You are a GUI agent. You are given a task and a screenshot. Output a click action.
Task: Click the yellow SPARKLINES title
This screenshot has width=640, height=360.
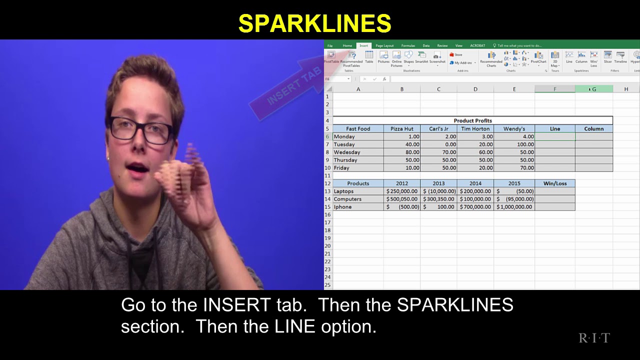pyautogui.click(x=314, y=23)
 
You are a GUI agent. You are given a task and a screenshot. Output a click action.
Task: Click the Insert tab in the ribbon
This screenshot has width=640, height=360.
pyautogui.click(x=363, y=45)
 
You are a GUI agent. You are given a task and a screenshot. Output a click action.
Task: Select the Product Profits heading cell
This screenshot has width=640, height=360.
pyautogui.click(x=472, y=120)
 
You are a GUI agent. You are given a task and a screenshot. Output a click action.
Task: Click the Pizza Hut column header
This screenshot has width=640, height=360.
pyautogui.click(x=401, y=128)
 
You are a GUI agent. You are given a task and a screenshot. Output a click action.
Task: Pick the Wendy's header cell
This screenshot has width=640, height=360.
pyautogui.click(x=514, y=128)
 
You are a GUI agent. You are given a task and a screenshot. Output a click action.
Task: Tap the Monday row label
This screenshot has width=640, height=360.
pyautogui.click(x=344, y=136)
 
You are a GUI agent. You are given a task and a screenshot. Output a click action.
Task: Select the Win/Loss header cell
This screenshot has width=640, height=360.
pyautogui.click(x=554, y=183)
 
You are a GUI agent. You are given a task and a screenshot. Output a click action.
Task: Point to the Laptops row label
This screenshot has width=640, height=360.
pyautogui.click(x=344, y=191)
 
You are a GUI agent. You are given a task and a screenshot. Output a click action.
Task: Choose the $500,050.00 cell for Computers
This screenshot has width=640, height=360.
pyautogui.click(x=401, y=199)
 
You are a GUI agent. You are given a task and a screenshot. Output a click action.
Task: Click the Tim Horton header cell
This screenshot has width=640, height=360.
pyautogui.click(x=475, y=128)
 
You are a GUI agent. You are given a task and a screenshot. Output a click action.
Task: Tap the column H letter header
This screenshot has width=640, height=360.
pyautogui.click(x=626, y=89)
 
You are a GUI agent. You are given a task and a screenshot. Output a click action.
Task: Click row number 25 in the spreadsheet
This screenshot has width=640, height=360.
pyautogui.click(x=328, y=285)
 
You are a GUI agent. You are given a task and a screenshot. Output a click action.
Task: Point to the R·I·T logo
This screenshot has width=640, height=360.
pyautogui.click(x=594, y=338)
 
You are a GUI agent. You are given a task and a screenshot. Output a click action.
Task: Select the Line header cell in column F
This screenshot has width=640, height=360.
pyautogui.click(x=554, y=128)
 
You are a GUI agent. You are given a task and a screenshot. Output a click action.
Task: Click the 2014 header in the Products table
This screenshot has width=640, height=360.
pyautogui.click(x=475, y=183)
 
